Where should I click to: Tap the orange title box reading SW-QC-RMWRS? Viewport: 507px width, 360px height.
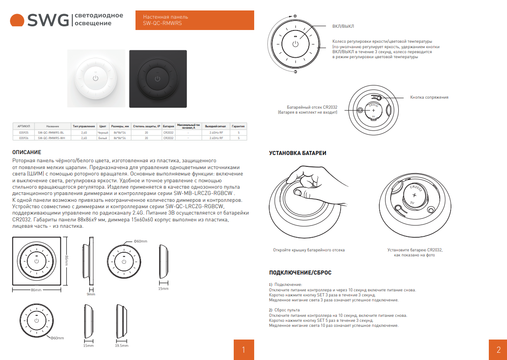pyautogui.click(x=195, y=20)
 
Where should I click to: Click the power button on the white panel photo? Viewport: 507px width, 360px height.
pyautogui.click(x=95, y=79)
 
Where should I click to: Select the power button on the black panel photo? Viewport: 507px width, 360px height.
pyautogui.click(x=158, y=79)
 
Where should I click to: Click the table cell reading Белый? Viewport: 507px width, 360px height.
pyautogui.click(x=103, y=137)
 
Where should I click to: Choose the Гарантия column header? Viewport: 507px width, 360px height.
pyautogui.click(x=238, y=126)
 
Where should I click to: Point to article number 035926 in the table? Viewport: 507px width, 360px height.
pyautogui.click(x=24, y=137)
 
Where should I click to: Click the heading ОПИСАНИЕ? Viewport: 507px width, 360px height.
pyautogui.click(x=27, y=152)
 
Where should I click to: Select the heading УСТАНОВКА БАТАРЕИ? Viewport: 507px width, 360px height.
pyautogui.click(x=297, y=154)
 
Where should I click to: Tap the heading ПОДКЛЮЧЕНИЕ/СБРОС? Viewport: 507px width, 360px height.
pyautogui.click(x=300, y=273)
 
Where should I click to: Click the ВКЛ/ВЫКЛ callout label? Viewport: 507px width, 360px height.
pyautogui.click(x=343, y=26)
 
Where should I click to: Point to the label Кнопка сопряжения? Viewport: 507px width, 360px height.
pyautogui.click(x=429, y=97)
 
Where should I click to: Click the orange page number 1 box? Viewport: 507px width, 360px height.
pyautogui.click(x=244, y=350)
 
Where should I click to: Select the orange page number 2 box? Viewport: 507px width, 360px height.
pyautogui.click(x=498, y=350)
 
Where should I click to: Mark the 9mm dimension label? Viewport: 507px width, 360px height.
pyautogui.click(x=91, y=294)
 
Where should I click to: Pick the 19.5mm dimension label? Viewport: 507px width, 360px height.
pyautogui.click(x=121, y=345)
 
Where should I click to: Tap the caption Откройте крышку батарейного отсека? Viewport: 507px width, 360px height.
pyautogui.click(x=309, y=250)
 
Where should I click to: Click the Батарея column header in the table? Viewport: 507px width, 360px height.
pyautogui.click(x=168, y=126)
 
